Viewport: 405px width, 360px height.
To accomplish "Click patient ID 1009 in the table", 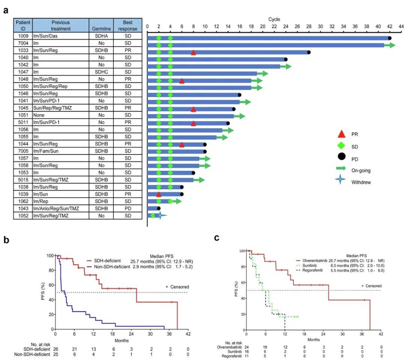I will (x=23, y=38).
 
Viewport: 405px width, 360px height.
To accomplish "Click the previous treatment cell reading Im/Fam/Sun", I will (x=47, y=151).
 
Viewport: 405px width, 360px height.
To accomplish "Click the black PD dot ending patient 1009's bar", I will (x=390, y=38).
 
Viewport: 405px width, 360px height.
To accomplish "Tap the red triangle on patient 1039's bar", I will (x=159, y=194).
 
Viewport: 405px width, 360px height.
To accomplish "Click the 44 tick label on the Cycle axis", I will (x=401, y=26).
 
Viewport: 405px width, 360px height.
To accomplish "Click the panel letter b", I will (x=6, y=239).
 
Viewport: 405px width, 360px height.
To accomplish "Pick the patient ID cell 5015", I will (x=23, y=180).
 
